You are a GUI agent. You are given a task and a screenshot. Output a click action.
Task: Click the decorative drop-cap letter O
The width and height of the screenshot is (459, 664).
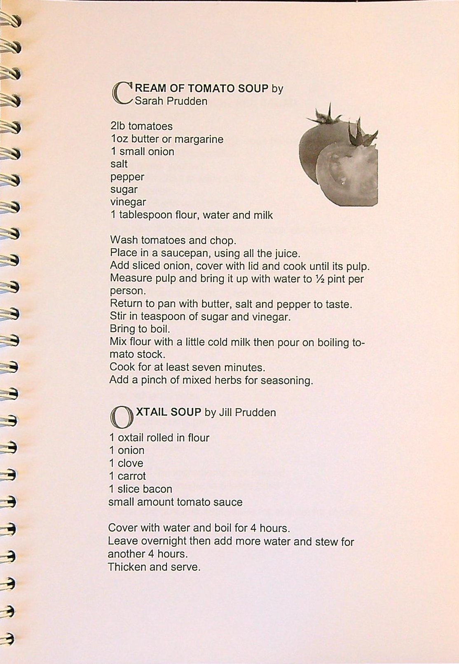pos(121,417)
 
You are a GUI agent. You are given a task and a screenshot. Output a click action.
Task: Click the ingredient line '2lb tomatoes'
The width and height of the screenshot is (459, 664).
pos(141,126)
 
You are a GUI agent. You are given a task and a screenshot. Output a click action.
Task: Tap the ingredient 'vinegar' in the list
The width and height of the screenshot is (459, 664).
pos(128,202)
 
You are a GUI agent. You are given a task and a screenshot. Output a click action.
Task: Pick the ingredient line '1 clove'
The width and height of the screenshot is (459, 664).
pos(126,463)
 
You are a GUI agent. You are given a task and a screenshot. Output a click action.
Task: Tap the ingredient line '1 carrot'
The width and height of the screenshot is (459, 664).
pos(127,476)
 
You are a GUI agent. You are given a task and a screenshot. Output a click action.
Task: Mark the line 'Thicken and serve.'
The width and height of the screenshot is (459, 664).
pos(154,567)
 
